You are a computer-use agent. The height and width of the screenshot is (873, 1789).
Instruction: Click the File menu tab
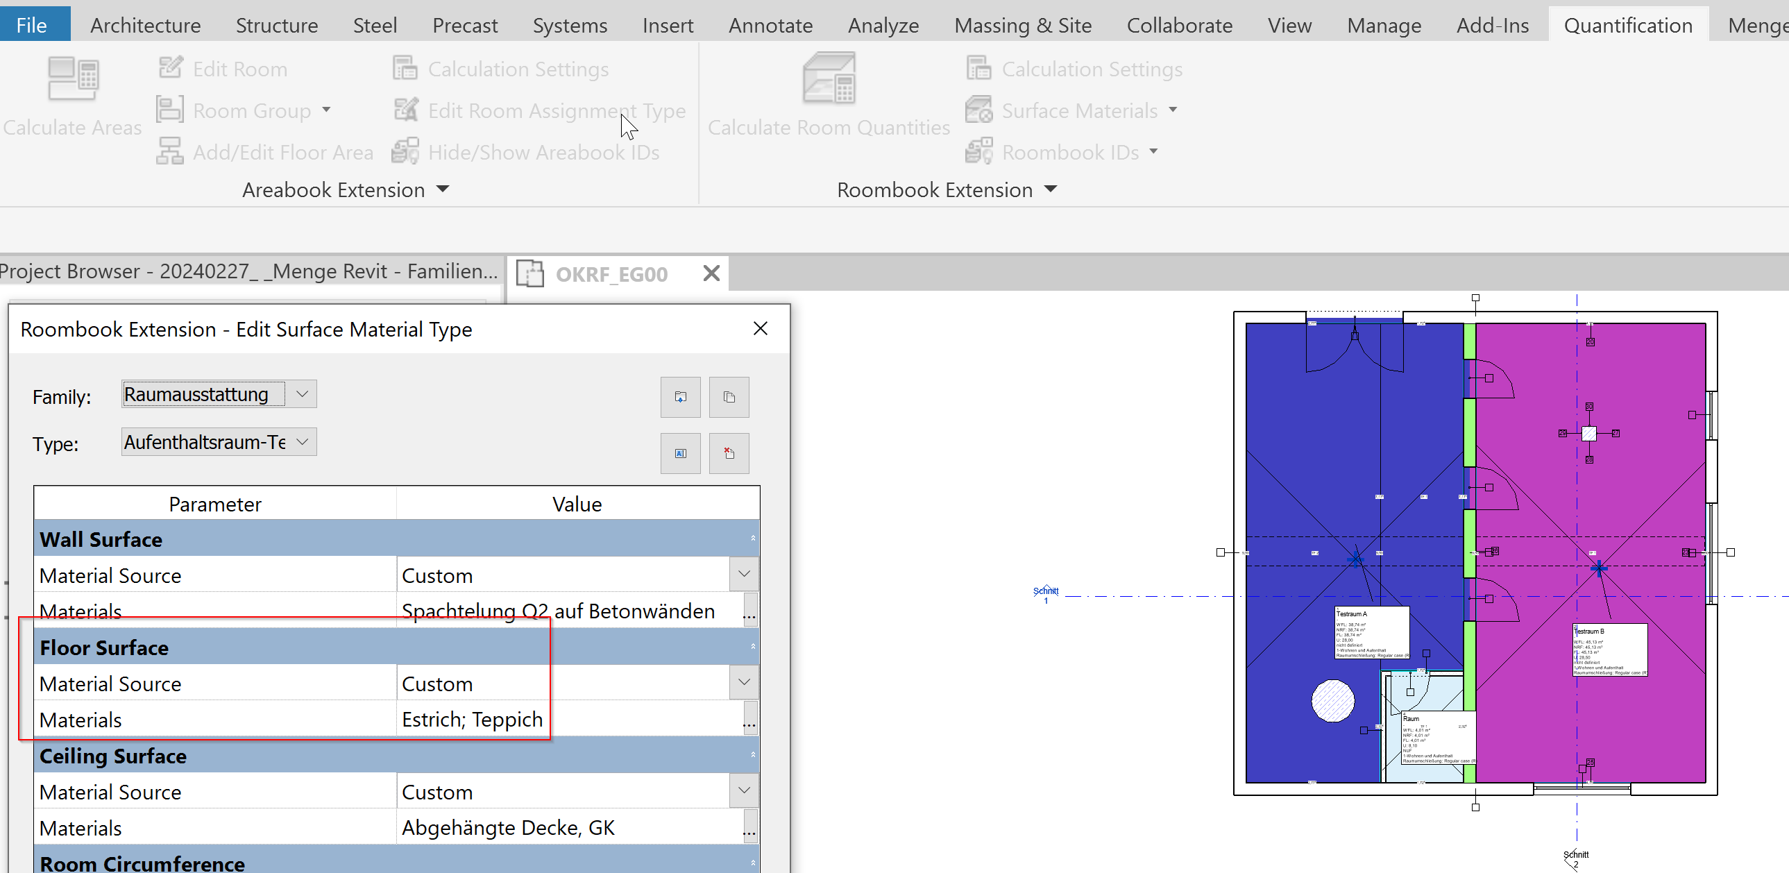pyautogui.click(x=32, y=25)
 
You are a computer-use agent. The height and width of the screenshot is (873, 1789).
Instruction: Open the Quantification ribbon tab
pyautogui.click(x=1627, y=25)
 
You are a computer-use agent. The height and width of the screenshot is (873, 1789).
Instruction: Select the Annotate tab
pyautogui.click(x=770, y=25)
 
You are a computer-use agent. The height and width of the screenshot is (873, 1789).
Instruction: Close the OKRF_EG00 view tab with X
pyautogui.click(x=711, y=273)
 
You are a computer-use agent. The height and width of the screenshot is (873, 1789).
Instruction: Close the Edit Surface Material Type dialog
pyautogui.click(x=761, y=328)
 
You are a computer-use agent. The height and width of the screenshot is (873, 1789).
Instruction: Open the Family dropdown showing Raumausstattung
pyautogui.click(x=302, y=393)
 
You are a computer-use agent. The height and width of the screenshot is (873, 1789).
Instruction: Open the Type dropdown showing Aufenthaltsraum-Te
pyautogui.click(x=302, y=442)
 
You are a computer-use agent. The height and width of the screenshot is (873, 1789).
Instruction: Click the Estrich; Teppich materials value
pyautogui.click(x=473, y=720)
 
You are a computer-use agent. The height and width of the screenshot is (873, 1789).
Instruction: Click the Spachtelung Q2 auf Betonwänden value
pyautogui.click(x=558, y=611)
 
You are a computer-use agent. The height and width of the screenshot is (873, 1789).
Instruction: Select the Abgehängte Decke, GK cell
pyautogui.click(x=508, y=828)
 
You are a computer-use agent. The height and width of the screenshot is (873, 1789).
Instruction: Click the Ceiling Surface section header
pyautogui.click(x=113, y=756)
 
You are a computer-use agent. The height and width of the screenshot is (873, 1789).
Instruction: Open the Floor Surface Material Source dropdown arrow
pyautogui.click(x=744, y=682)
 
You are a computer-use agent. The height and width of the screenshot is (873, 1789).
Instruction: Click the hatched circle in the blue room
pyautogui.click(x=1332, y=700)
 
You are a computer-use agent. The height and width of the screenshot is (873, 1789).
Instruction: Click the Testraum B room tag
pyautogui.click(x=1610, y=650)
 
